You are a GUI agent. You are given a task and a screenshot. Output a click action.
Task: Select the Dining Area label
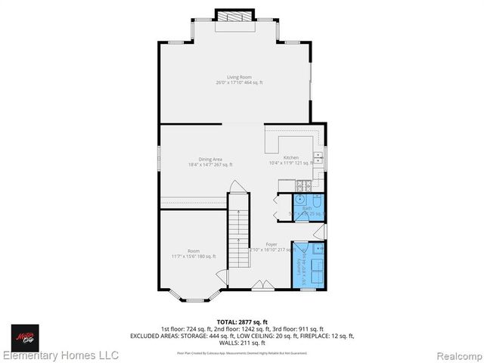[210, 161]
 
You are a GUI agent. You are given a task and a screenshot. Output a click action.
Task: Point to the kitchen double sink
[318, 158]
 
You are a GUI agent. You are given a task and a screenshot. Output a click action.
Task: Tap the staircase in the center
[239, 231]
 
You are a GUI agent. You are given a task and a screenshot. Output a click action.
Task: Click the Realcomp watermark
[455, 355]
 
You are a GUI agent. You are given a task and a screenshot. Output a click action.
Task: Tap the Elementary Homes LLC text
[60, 355]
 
